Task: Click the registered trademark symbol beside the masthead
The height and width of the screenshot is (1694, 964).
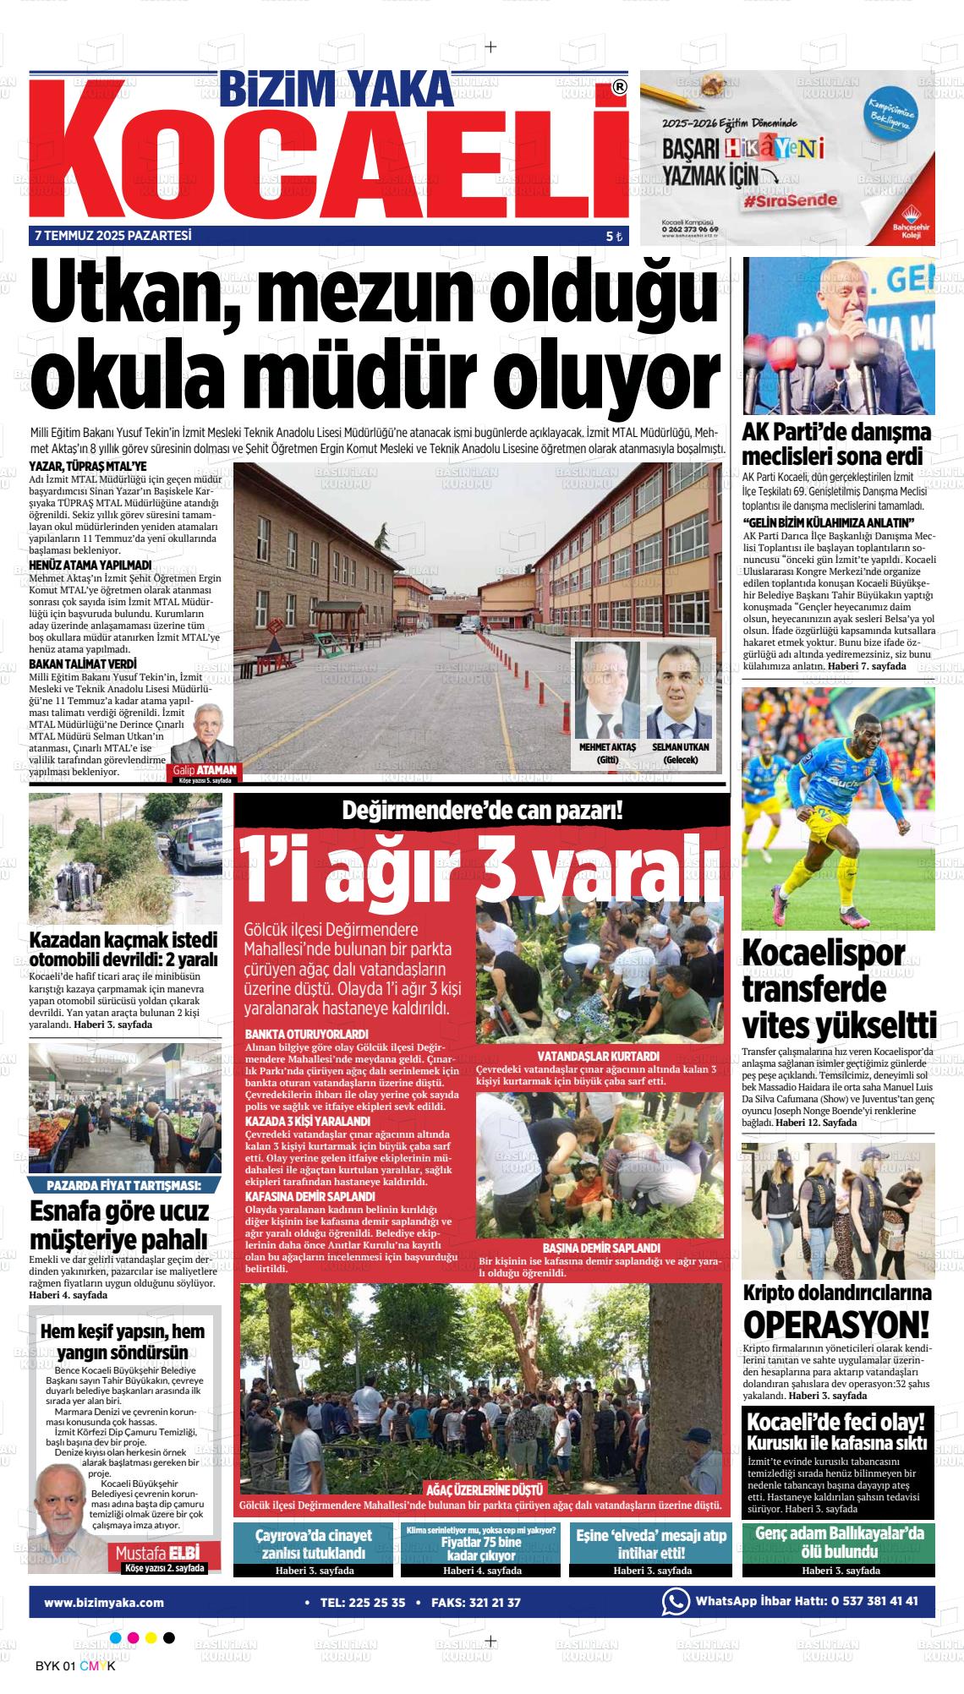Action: [619, 87]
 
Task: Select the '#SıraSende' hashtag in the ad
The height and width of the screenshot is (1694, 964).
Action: [791, 201]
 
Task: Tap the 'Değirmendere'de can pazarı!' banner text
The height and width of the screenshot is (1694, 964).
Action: [482, 811]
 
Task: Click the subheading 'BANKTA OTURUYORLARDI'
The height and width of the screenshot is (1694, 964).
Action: [306, 1034]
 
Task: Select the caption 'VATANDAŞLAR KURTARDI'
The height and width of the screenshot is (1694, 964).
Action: [598, 1057]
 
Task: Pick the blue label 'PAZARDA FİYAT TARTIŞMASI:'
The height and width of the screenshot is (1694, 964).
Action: [124, 1184]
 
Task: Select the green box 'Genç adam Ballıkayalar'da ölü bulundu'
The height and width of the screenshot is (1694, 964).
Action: [840, 1542]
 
